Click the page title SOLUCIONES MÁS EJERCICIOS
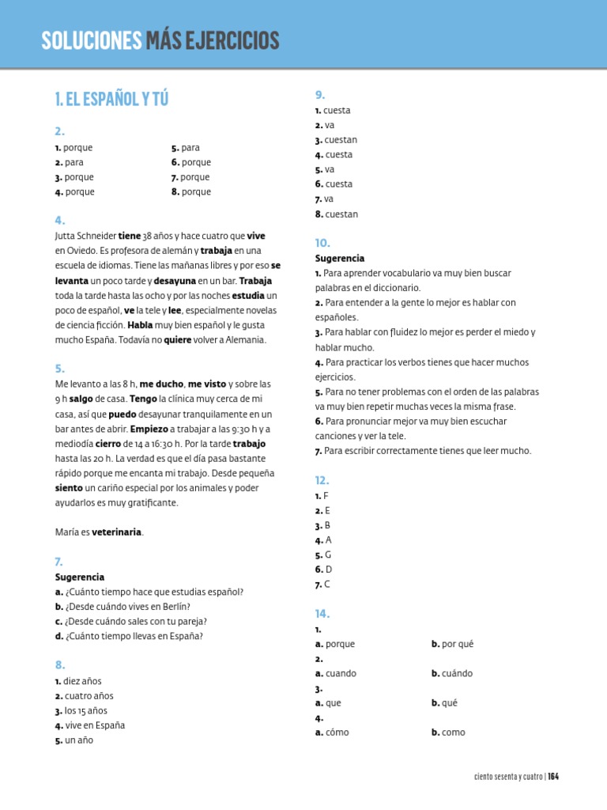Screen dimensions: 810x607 point(160,40)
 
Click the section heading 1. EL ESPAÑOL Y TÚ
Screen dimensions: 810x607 point(111,99)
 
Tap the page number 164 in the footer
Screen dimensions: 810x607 point(553,777)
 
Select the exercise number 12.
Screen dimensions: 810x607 point(322,480)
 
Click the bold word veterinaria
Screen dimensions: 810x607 point(118,532)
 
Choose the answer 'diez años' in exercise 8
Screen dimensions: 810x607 point(82,681)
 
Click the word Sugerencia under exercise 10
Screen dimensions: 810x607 point(340,259)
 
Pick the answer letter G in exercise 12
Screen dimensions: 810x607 point(328,555)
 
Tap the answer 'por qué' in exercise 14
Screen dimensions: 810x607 point(457,644)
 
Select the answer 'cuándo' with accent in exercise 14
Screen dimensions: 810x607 point(457,673)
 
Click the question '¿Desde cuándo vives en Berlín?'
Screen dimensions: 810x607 point(128,607)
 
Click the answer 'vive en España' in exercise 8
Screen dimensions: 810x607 point(94,725)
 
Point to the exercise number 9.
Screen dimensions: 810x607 point(320,96)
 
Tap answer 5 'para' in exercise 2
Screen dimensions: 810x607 point(190,147)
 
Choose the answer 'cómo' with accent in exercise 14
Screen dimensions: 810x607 point(337,732)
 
